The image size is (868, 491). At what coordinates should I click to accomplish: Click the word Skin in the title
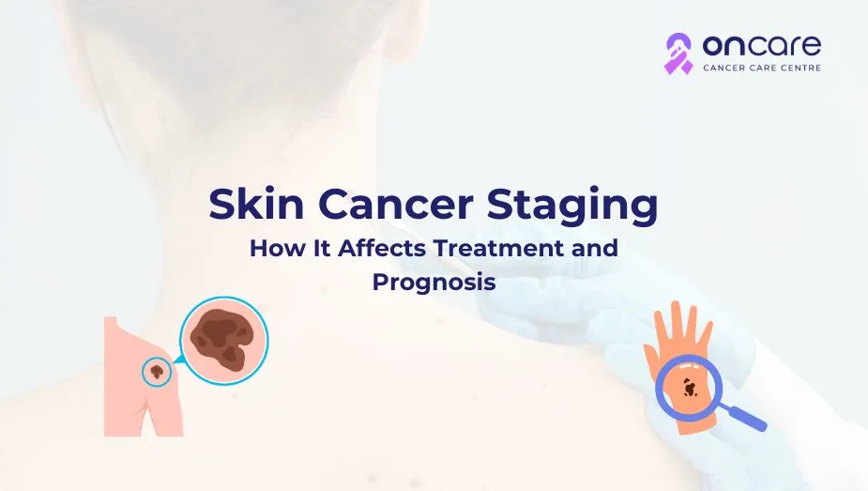(x=256, y=204)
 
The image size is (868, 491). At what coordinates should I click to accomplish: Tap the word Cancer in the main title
(x=396, y=205)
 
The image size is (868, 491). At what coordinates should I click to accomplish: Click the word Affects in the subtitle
(x=382, y=248)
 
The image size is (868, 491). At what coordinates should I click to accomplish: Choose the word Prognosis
(x=434, y=283)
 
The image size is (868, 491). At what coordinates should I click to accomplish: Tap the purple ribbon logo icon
(x=678, y=54)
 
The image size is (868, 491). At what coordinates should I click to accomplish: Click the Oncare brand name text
(x=762, y=46)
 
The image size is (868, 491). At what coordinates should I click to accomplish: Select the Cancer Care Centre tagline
(x=762, y=68)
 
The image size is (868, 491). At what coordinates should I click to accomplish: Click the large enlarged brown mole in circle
(x=222, y=339)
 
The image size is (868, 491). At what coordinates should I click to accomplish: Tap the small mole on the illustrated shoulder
(x=158, y=370)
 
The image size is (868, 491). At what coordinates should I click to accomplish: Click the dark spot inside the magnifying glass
(x=689, y=388)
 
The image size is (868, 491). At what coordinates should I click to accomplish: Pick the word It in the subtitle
(x=322, y=248)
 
